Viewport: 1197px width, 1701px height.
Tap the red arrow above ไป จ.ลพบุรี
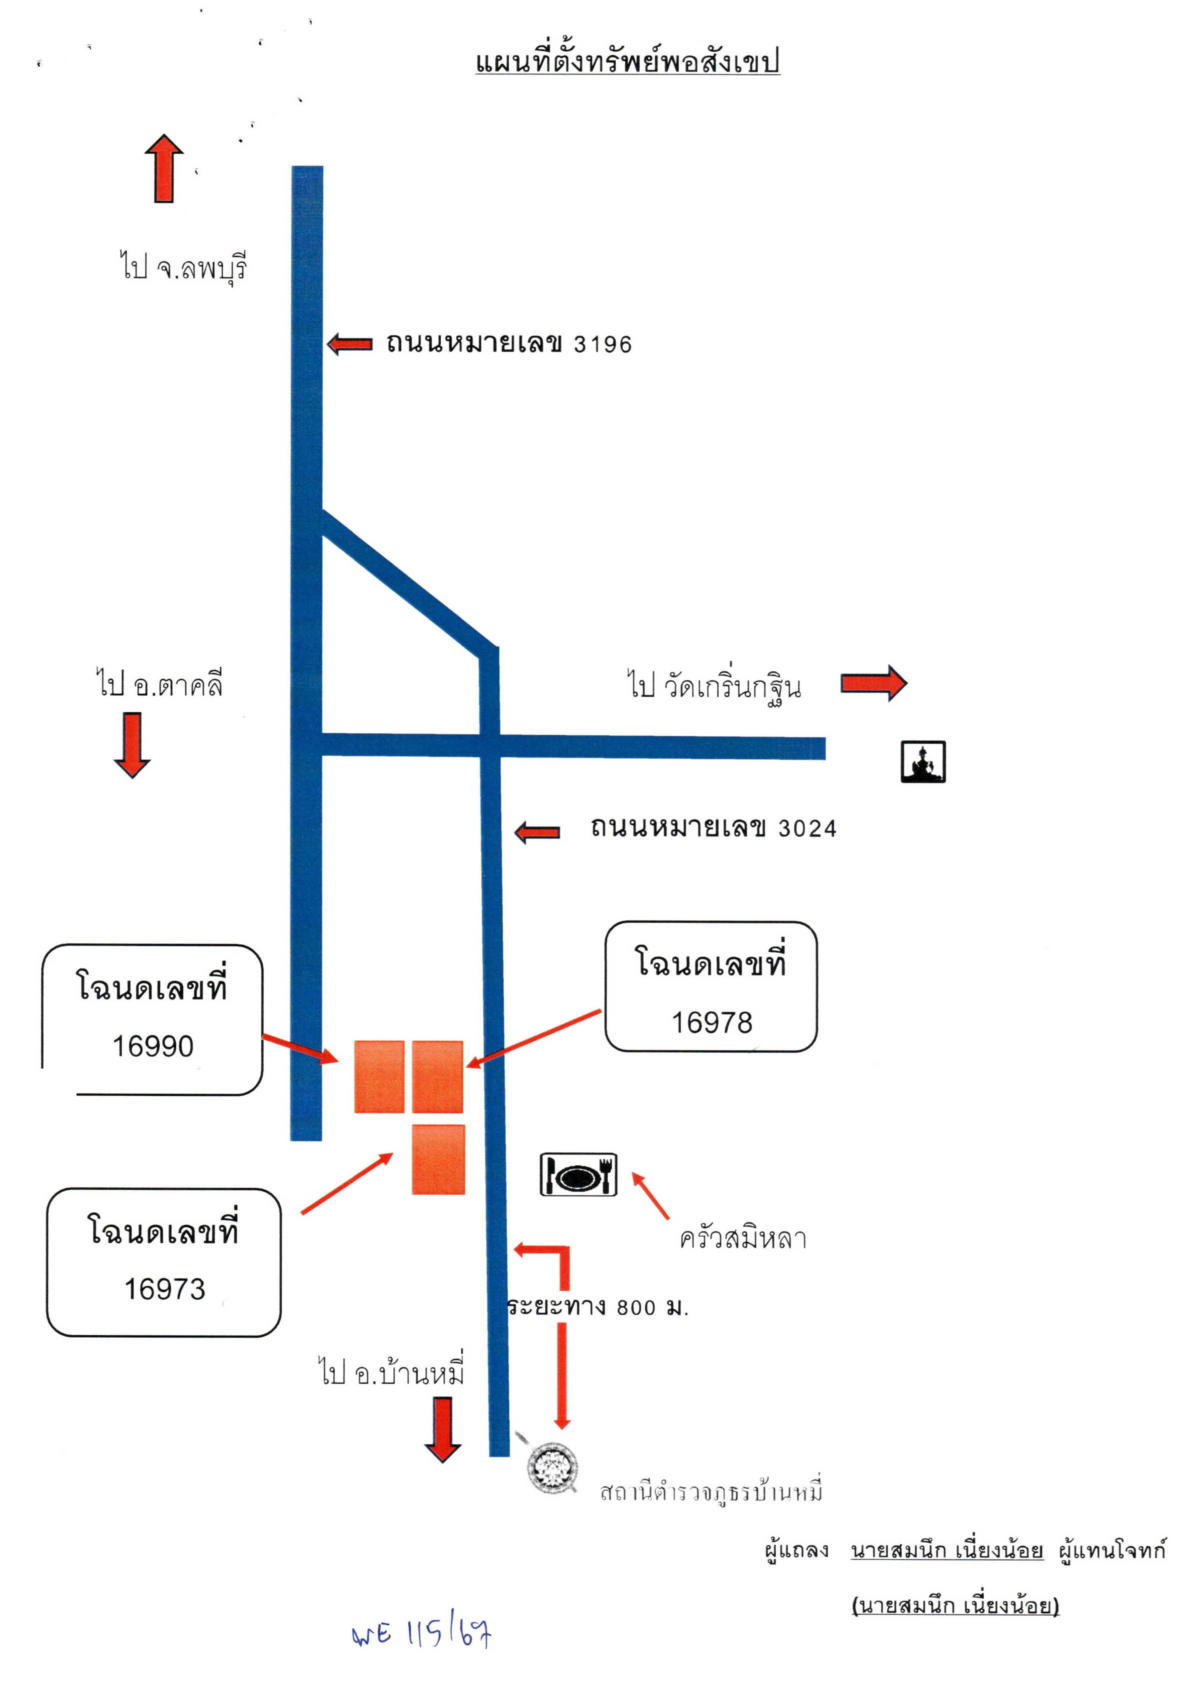pos(163,168)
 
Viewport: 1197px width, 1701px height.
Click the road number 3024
pos(806,828)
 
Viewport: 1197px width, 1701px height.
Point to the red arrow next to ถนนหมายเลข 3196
pos(349,344)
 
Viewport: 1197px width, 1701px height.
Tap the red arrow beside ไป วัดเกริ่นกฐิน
pos(873,682)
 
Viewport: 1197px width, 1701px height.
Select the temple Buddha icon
pos(923,761)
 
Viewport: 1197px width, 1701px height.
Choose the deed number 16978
pos(712,1023)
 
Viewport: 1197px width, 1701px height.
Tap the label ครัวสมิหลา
pos(743,1238)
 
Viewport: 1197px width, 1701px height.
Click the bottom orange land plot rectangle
pos(438,1159)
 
